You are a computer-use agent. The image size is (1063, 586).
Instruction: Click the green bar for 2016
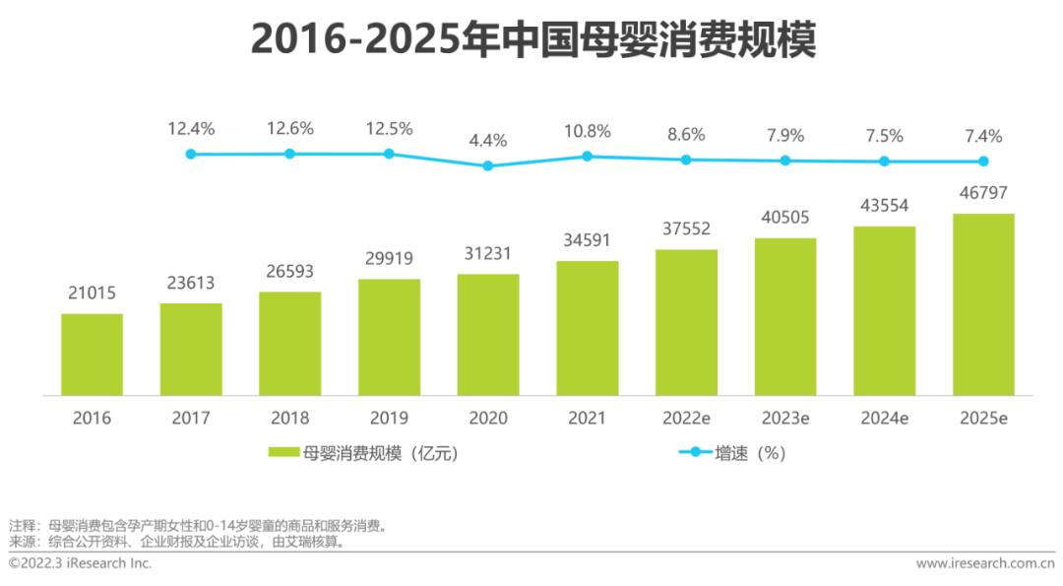(x=92, y=355)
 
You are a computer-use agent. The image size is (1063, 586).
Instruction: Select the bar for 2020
(x=488, y=335)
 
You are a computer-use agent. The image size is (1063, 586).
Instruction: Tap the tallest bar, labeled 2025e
(x=983, y=304)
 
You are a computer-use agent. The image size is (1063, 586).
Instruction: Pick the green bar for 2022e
(x=686, y=322)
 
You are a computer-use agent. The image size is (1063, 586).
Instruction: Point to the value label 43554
(x=884, y=206)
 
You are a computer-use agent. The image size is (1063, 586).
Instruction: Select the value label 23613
(x=191, y=283)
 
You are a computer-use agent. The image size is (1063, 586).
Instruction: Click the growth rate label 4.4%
(x=488, y=141)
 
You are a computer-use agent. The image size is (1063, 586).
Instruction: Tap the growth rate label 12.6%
(x=289, y=129)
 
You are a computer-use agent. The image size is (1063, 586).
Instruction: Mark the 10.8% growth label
(x=587, y=131)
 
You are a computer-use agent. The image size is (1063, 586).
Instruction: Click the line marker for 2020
(x=488, y=165)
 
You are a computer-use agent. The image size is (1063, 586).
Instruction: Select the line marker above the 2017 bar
(x=191, y=154)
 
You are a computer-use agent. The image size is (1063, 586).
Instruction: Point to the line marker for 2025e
(x=983, y=162)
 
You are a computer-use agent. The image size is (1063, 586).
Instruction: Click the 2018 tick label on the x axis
(x=289, y=419)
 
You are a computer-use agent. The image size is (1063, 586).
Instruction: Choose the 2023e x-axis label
(x=785, y=419)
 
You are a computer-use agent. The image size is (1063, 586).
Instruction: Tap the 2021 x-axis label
(x=587, y=419)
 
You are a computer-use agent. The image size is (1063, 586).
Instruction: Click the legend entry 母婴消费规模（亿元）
(x=363, y=453)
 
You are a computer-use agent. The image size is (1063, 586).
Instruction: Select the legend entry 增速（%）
(x=732, y=453)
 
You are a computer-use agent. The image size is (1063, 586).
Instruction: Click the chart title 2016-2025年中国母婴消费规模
(x=532, y=39)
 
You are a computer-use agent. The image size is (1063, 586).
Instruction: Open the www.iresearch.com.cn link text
(x=985, y=564)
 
